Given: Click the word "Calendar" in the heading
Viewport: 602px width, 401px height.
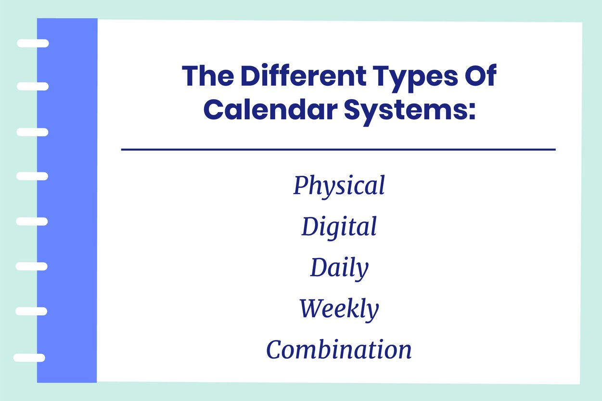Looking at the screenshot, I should [270, 110].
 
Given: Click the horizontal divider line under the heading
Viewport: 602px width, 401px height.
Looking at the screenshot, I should [338, 150].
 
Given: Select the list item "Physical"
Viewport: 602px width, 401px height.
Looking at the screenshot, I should [339, 186].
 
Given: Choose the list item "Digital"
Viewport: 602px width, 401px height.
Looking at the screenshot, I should [339, 227].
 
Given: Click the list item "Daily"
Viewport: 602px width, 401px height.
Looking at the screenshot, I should [339, 269].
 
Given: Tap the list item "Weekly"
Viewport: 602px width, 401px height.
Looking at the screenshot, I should [339, 309].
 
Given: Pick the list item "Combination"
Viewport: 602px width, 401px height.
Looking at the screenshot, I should [339, 350].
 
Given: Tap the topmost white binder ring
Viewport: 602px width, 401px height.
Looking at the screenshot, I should [33, 43].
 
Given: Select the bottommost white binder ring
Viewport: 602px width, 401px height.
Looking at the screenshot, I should [29, 358].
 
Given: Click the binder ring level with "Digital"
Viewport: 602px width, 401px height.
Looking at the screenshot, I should [32, 221].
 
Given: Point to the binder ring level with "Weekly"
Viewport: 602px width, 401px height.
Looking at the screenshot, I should [31, 311].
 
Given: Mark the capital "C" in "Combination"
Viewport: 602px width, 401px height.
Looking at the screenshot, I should [275, 350].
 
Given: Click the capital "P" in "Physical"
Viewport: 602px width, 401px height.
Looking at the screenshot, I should [301, 185].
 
